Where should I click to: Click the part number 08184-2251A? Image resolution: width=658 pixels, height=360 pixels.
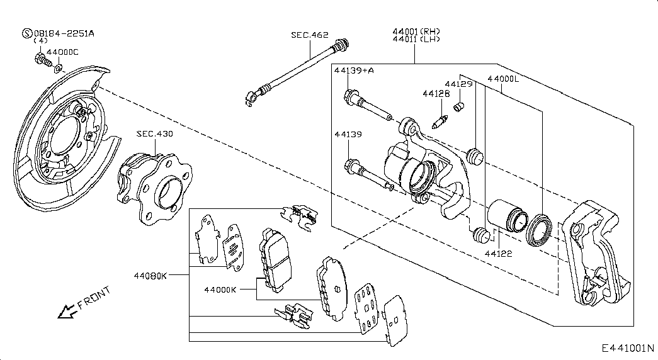click(x=64, y=33)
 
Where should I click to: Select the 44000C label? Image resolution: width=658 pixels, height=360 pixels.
click(x=62, y=52)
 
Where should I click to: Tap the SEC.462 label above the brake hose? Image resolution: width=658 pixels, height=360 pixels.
click(x=310, y=35)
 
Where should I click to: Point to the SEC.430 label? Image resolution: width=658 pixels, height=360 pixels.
click(x=154, y=134)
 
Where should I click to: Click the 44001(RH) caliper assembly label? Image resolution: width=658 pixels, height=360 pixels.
click(x=416, y=31)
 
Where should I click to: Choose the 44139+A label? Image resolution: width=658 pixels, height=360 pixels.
click(x=354, y=70)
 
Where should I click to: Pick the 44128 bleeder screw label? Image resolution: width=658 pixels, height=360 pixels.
click(x=436, y=94)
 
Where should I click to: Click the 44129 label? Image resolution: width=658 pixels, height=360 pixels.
click(x=458, y=84)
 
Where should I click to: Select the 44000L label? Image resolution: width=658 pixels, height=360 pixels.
click(x=503, y=79)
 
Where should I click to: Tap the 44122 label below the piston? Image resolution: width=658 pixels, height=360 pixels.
click(x=499, y=254)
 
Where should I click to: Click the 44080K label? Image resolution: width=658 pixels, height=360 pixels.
click(x=150, y=276)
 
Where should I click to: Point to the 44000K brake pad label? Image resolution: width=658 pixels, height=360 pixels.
click(x=220, y=290)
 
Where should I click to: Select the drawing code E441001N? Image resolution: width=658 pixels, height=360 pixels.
click(x=628, y=348)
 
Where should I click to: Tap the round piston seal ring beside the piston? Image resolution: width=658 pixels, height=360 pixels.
click(x=539, y=230)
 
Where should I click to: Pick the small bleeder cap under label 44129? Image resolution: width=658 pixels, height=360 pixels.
click(x=458, y=106)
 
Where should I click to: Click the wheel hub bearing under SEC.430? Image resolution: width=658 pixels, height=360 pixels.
click(x=154, y=188)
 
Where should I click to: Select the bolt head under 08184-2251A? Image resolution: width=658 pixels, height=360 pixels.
click(x=40, y=59)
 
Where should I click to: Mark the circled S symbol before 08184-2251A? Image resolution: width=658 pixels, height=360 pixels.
click(x=27, y=33)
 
